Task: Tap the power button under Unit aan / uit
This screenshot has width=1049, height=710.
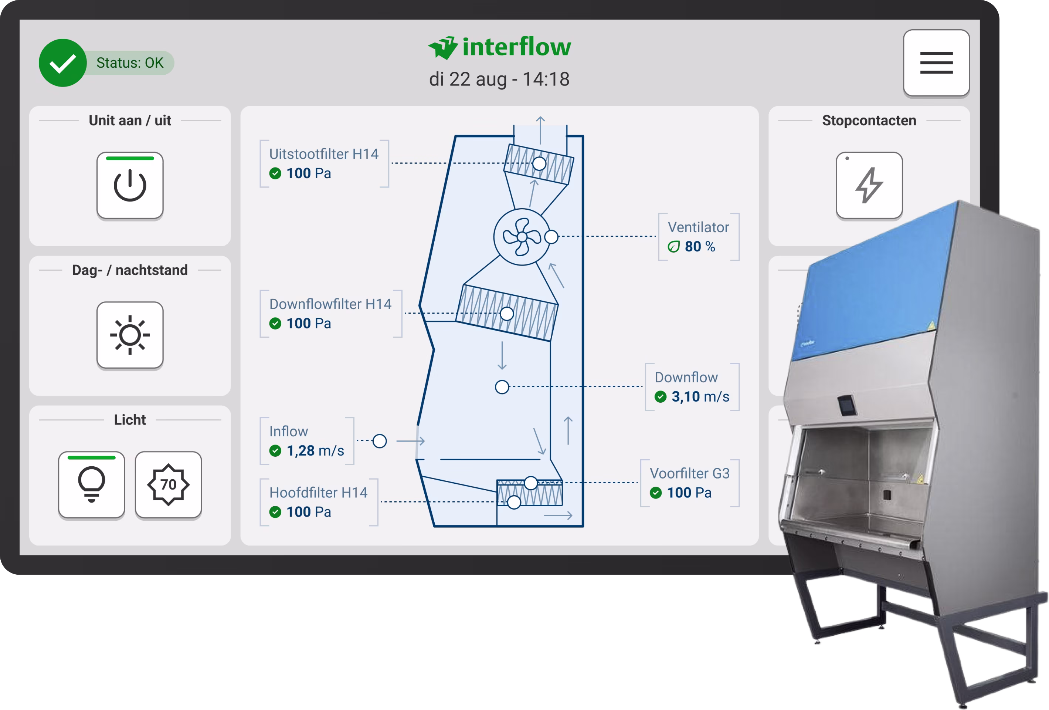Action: point(130,186)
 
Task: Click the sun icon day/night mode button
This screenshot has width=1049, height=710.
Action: point(130,335)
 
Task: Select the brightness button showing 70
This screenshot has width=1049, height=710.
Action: point(168,485)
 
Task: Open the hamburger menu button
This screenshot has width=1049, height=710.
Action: point(936,63)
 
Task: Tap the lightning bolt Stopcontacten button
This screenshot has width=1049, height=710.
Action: point(869,186)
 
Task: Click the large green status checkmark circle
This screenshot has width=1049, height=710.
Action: point(63,63)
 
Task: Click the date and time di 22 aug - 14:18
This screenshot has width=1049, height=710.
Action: point(499,80)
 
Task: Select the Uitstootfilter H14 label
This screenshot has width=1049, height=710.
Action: point(324,154)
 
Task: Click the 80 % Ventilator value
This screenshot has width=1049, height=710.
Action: point(700,247)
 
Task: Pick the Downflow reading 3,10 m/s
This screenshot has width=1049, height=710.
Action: point(700,396)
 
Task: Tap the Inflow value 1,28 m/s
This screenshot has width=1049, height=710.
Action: point(315,451)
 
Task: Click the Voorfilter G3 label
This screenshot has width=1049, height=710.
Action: point(689,473)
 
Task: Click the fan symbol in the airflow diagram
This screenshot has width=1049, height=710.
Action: point(522,237)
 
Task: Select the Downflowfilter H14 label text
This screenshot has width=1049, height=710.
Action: point(330,304)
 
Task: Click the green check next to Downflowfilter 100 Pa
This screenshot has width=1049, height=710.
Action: point(275,324)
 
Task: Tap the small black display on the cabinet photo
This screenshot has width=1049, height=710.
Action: point(846,405)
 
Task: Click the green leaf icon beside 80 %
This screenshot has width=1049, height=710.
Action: point(673,247)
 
